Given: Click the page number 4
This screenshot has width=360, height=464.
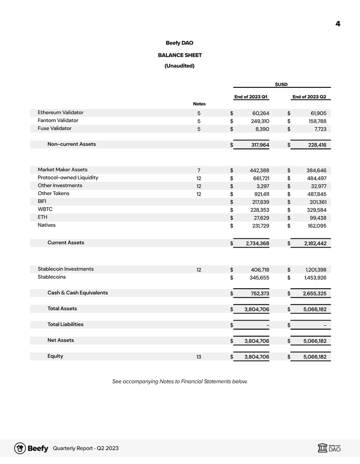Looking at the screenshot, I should pos(338,24).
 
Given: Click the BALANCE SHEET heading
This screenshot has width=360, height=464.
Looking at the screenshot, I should pos(179,55).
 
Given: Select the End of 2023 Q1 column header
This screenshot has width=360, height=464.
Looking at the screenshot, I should pos(251,96).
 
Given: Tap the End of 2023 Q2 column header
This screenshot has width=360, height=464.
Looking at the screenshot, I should pos(309,96).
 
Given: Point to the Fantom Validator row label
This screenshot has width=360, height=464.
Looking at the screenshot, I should pos(58,120).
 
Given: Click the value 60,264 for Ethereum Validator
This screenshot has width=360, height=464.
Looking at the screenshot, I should pos(260,113).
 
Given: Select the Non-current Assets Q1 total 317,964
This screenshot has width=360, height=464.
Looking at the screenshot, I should pos(257,145).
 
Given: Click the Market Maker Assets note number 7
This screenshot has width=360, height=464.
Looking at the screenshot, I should pos(199,170).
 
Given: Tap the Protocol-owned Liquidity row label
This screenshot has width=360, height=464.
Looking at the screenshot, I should pos(68,177).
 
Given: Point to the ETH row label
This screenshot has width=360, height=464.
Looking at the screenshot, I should pos(42,217).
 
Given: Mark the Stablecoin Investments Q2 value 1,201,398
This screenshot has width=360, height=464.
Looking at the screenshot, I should pos(313,270).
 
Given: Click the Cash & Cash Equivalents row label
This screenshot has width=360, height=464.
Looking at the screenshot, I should pos(77,293).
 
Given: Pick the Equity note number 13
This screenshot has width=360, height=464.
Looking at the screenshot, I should pos(199,357).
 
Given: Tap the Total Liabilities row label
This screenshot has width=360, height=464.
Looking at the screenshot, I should pos(65,324).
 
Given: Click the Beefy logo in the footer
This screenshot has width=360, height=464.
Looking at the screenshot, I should pos(31,448).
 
